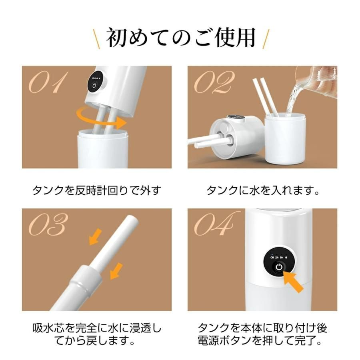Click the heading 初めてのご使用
pos(181,38)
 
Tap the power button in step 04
pos(279,267)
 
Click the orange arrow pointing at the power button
pos(293,281)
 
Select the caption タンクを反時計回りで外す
pos(96,190)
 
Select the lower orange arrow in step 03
pos(116,271)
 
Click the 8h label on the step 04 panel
pos(282,257)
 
